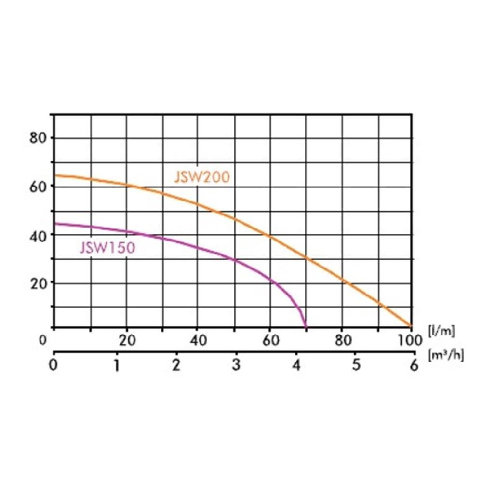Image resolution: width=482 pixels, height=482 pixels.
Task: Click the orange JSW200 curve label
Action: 202,177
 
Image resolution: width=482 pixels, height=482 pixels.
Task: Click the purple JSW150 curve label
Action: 107,248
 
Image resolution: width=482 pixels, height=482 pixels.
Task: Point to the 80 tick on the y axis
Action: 38,138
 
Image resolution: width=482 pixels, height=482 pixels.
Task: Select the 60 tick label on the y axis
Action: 38,186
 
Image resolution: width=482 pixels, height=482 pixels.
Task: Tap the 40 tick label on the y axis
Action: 38,235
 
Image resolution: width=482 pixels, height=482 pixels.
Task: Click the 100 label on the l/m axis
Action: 410,340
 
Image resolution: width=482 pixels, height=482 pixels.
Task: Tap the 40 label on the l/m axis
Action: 199,340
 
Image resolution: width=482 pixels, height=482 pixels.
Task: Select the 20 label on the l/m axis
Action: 127,340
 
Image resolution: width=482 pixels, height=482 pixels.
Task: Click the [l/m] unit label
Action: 441,331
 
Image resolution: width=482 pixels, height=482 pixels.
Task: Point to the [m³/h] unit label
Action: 446,356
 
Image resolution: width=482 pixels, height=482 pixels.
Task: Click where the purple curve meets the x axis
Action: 306,326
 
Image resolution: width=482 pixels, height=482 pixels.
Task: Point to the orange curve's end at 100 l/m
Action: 411,326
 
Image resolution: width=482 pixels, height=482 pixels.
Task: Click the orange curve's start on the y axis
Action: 54,175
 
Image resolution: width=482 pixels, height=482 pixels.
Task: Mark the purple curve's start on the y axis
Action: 54,223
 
